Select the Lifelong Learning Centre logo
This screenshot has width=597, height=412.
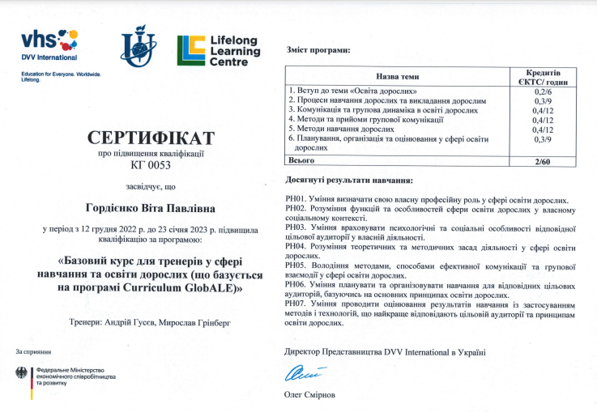coord(219,50)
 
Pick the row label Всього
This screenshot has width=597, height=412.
coord(303,160)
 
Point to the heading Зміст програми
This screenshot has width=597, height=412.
coord(318,50)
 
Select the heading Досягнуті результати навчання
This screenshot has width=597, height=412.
coord(350,180)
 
